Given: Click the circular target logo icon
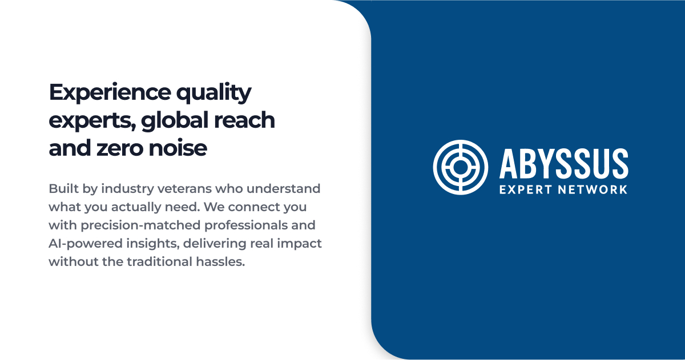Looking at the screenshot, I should pos(461,166).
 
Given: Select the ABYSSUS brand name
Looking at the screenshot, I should pos(563,163).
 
